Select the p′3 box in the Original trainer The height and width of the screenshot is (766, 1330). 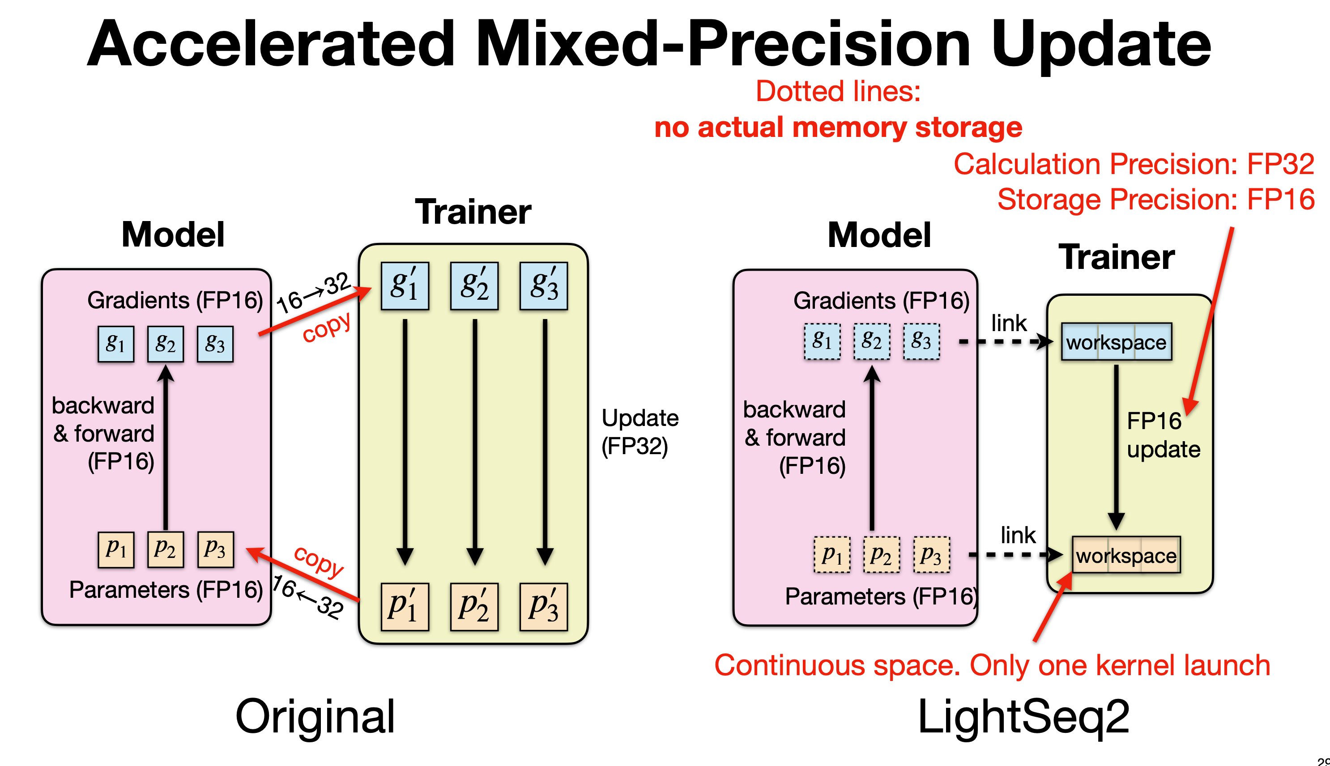pyautogui.click(x=543, y=607)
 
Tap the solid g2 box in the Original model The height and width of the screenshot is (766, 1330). pyautogui.click(x=165, y=344)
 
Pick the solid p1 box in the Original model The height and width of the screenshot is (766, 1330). pyautogui.click(x=116, y=549)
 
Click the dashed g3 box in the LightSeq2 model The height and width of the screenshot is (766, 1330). pyautogui.click(x=921, y=341)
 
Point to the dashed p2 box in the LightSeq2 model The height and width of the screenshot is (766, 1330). pyautogui.click(x=881, y=554)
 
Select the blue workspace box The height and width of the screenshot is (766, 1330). pyautogui.click(x=1116, y=342)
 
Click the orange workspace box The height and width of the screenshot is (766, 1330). pyautogui.click(x=1126, y=555)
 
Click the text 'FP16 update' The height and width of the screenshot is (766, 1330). pyautogui.click(x=1163, y=435)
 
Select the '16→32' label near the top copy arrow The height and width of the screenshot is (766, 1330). pyautogui.click(x=314, y=293)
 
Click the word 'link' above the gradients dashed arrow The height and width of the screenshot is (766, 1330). pyautogui.click(x=1009, y=323)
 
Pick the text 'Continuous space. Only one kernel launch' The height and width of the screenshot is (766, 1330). pyautogui.click(x=992, y=665)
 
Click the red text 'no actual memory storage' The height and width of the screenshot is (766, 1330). pyautogui.click(x=838, y=128)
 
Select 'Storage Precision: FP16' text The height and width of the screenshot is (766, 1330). pyautogui.click(x=1155, y=200)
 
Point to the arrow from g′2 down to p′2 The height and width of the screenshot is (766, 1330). pyautogui.click(x=474, y=442)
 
